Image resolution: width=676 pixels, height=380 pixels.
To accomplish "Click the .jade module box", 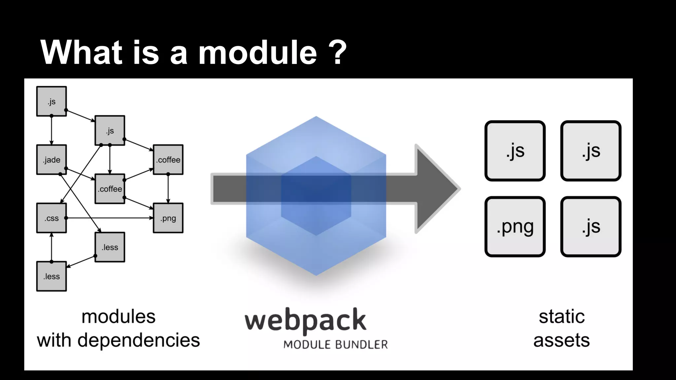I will [51, 160].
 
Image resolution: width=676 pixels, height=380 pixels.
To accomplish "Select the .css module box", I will [51, 218].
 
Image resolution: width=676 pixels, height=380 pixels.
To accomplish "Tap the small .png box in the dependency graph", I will [168, 218].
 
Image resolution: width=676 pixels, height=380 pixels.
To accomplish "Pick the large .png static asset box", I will [515, 227].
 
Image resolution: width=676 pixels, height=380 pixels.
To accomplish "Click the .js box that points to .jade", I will [51, 101].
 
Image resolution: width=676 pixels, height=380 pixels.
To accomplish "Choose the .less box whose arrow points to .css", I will [51, 276].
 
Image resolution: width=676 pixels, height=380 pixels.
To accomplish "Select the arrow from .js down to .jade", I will [51, 130].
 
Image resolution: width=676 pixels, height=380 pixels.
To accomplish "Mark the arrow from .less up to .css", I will [51, 247].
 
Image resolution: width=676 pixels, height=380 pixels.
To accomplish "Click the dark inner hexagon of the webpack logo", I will [316, 196].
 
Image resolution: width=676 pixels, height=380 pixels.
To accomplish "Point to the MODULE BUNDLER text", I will [335, 345].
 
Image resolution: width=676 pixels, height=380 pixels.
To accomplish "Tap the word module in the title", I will [257, 52].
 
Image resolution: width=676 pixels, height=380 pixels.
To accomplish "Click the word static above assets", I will [562, 317].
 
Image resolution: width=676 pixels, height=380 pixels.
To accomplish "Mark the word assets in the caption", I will [561, 340].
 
